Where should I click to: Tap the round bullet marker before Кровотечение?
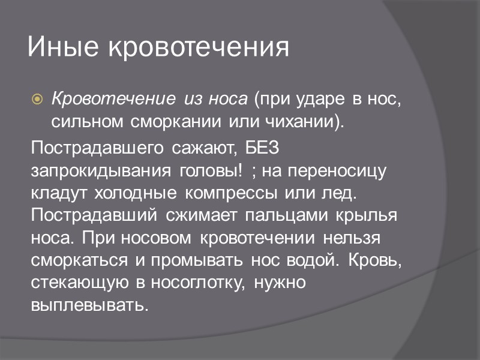click(x=37, y=98)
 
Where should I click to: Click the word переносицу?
click(x=338, y=172)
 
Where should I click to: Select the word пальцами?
click(x=295, y=216)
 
